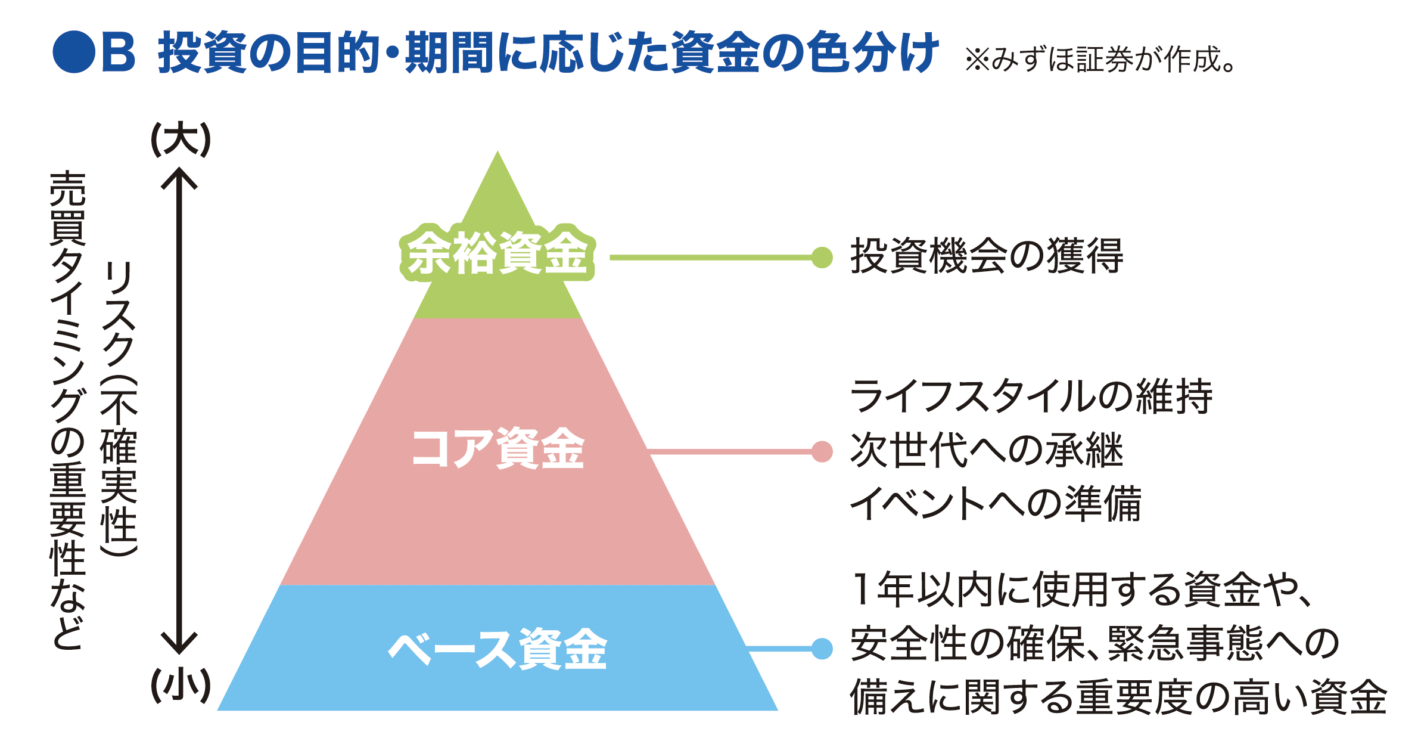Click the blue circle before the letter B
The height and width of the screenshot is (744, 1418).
(74, 52)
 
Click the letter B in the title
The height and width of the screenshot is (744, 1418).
(119, 52)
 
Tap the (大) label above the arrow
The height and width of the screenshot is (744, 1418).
(181, 139)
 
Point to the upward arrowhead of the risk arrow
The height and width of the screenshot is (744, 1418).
(179, 178)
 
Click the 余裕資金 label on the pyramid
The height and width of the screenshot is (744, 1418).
(497, 253)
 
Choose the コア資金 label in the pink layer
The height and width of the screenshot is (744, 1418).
(497, 448)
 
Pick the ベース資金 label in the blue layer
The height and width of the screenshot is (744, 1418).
(497, 649)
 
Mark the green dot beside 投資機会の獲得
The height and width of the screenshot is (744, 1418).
(822, 258)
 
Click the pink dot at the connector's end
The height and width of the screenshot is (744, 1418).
(822, 452)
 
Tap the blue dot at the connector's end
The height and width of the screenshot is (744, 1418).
(822, 649)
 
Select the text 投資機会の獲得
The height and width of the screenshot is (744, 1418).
(987, 256)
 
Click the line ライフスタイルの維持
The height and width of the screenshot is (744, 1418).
(1031, 396)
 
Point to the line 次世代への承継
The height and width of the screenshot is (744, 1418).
(987, 450)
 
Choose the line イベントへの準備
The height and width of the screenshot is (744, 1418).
(995, 504)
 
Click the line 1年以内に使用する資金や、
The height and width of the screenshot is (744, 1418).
(1081, 590)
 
